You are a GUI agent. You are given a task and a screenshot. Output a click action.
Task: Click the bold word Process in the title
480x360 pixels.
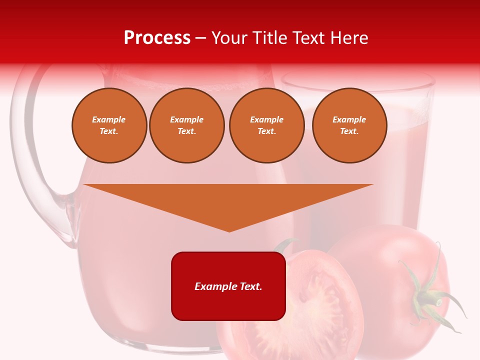click(x=157, y=38)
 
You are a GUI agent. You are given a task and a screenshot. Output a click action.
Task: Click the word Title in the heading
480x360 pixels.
click(x=265, y=38)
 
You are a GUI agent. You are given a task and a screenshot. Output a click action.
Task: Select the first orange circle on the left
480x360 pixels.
click(x=109, y=125)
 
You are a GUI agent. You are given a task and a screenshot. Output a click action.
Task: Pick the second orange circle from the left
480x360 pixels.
click(x=186, y=125)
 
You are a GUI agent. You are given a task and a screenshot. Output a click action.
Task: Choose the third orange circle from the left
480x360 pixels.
click(x=266, y=125)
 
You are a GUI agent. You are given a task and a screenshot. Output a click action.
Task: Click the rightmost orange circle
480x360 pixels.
click(x=349, y=125)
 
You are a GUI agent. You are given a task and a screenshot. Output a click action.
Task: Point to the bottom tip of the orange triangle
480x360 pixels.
click(x=229, y=230)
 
